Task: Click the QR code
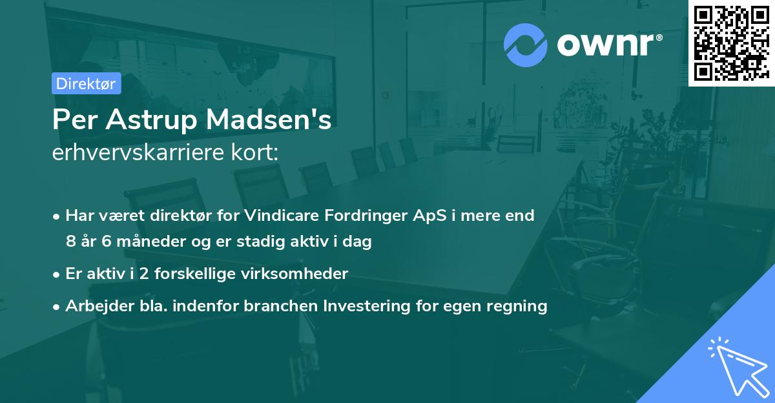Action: point(731,43)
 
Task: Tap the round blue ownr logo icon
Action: point(526,44)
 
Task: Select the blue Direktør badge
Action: point(86,83)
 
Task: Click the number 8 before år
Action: point(70,242)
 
